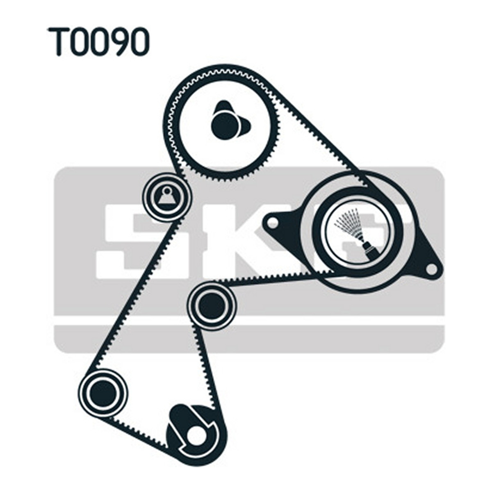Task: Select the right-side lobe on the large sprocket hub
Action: [x=245, y=127]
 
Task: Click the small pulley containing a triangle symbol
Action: [x=167, y=197]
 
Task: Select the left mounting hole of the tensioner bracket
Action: [x=273, y=224]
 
